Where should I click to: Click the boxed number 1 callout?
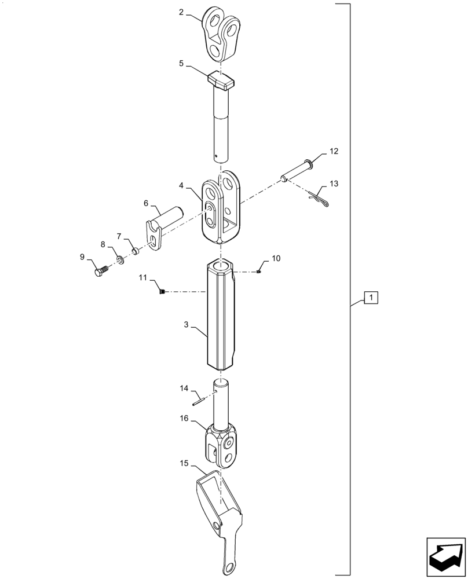click(x=371, y=298)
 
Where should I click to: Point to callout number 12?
click(x=334, y=151)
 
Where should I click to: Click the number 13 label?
click(x=334, y=184)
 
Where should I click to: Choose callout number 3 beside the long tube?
click(x=186, y=326)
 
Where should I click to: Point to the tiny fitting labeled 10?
click(x=259, y=272)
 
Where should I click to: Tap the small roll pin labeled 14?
click(x=199, y=400)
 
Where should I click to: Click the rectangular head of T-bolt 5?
click(x=220, y=79)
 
